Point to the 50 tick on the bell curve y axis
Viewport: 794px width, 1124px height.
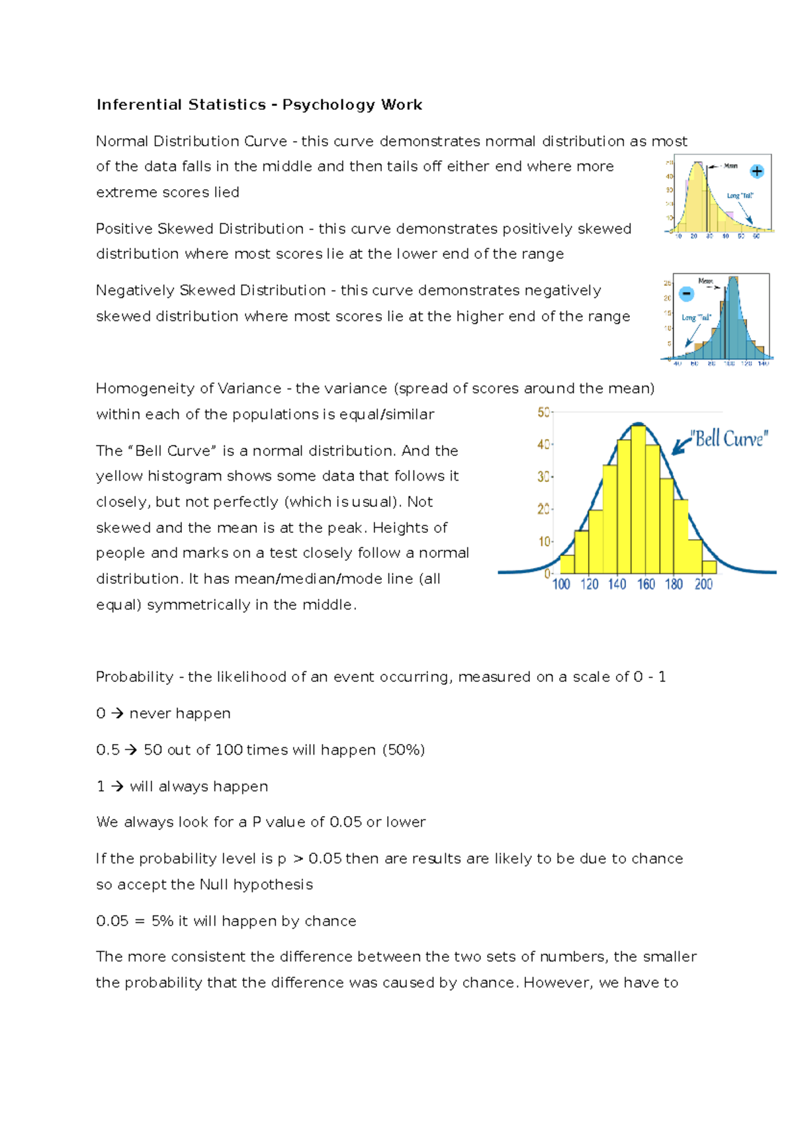[x=543, y=412]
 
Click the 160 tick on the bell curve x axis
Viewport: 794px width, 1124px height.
[x=646, y=585]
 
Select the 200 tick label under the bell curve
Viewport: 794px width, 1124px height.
[x=703, y=585]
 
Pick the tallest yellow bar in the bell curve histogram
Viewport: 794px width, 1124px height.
[x=638, y=500]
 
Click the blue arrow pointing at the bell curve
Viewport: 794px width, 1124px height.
[x=681, y=445]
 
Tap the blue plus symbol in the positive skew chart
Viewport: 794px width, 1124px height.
[x=757, y=171]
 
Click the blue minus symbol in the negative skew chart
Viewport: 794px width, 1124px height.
[x=687, y=293]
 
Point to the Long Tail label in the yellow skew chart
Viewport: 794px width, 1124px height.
[x=740, y=196]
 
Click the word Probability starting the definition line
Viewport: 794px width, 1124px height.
[x=134, y=677]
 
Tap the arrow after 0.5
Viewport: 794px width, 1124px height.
[x=131, y=750]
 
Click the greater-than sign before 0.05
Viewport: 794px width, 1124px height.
[x=298, y=859]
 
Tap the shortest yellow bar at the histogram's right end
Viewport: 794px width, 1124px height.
[x=709, y=567]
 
